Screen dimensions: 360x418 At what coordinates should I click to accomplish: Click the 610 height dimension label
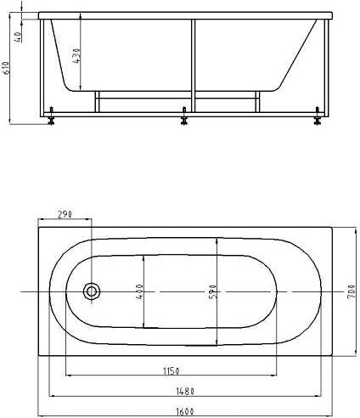[x=8, y=68]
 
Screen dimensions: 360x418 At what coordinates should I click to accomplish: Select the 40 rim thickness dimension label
[x=18, y=37]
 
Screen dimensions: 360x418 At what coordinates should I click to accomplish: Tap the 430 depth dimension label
[x=77, y=56]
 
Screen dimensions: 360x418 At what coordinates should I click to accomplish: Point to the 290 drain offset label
[x=65, y=214]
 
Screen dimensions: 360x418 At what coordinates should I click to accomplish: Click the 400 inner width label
[x=139, y=292]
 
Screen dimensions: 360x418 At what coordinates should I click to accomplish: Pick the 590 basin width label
[x=213, y=292]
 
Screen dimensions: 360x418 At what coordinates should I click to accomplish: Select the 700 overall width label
[x=351, y=291]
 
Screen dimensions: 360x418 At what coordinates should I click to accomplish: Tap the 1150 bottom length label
[x=172, y=370]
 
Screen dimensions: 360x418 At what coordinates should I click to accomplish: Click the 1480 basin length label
[x=185, y=392]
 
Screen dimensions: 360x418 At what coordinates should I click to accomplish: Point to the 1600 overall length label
[x=185, y=411]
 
